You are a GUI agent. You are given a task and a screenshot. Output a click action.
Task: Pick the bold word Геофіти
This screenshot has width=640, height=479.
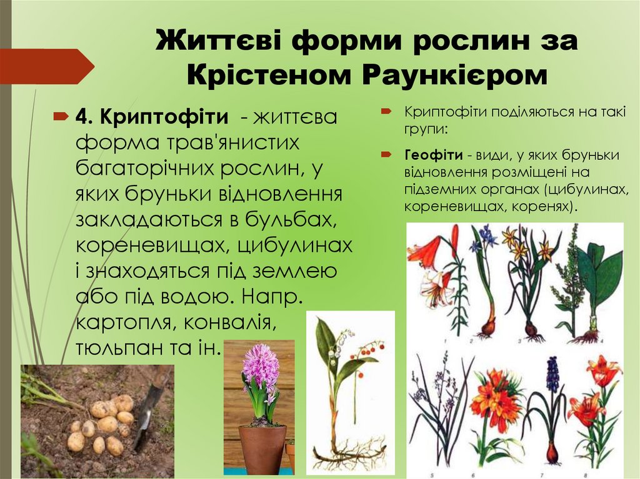pyautogui.click(x=433, y=154)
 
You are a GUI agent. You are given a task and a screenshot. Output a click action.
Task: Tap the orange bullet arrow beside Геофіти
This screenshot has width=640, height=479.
pyautogui.click(x=387, y=154)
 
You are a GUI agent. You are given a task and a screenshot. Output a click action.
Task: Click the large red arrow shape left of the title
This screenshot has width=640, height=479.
pyautogui.click(x=47, y=66)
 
